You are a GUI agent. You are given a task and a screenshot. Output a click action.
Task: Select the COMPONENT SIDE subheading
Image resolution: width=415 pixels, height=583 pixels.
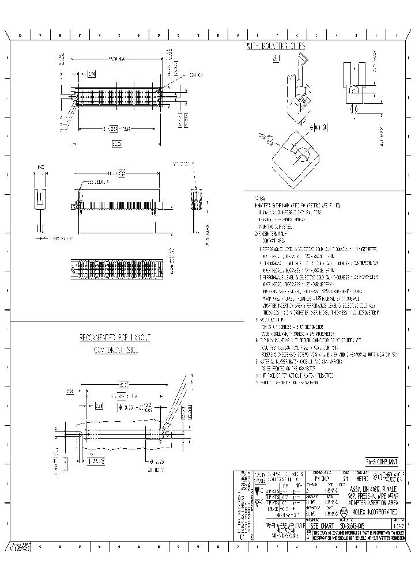[115, 350]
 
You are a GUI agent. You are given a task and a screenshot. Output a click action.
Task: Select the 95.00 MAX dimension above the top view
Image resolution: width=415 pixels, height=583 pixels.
[118, 59]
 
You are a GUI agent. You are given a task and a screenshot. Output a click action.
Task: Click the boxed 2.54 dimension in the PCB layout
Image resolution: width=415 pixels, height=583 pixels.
[99, 406]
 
